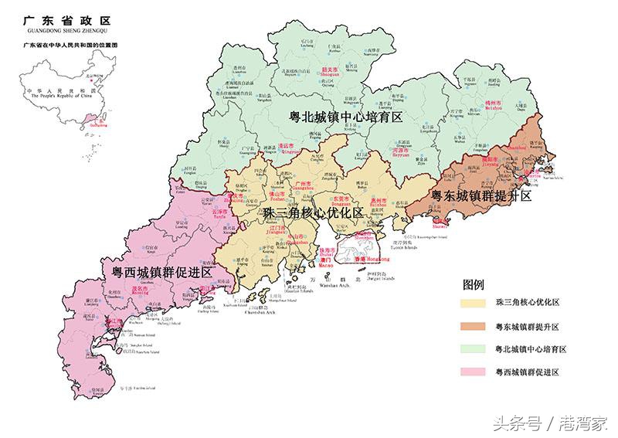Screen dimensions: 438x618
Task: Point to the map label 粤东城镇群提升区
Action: click(x=481, y=195)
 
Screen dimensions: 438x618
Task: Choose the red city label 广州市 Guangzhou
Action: click(x=304, y=185)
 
